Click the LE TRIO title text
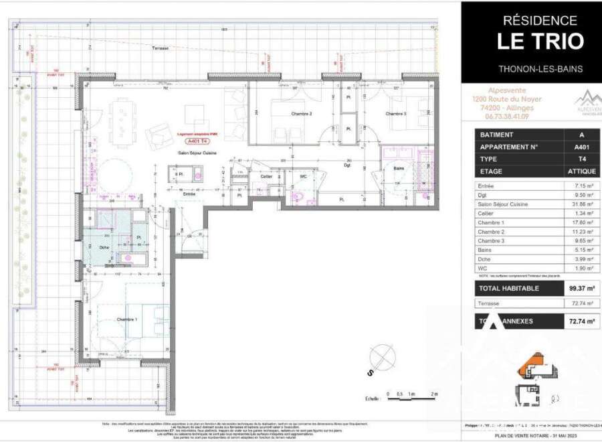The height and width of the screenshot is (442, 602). pyautogui.click(x=539, y=41)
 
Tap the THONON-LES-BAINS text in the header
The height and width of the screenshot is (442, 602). pyautogui.click(x=540, y=69)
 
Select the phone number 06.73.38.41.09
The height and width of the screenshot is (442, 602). pyautogui.click(x=506, y=116)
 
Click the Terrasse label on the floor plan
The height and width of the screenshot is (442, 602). pyautogui.click(x=161, y=48)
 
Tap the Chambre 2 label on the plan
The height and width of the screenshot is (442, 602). pyautogui.click(x=302, y=114)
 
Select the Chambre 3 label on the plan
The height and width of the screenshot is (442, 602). pyautogui.click(x=396, y=114)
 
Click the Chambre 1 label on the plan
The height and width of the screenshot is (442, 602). pyautogui.click(x=126, y=319)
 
